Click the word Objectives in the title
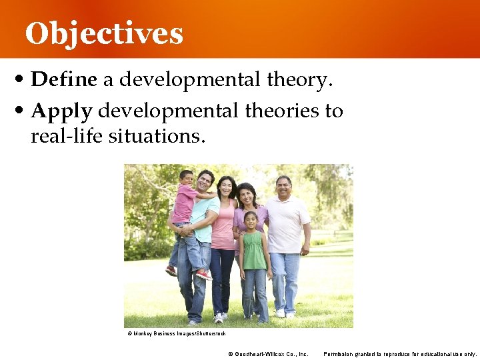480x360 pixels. (x=104, y=33)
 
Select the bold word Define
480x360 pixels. (x=64, y=80)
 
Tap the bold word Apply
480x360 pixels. (x=61, y=110)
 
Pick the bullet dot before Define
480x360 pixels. (x=23, y=81)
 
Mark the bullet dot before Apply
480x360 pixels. (x=23, y=111)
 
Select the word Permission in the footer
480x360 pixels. (x=339, y=353)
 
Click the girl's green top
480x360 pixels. (x=253, y=249)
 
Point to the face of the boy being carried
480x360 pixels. (x=186, y=178)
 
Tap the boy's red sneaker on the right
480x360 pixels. (x=203, y=274)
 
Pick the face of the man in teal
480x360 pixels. (x=205, y=181)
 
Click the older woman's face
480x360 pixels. (x=247, y=195)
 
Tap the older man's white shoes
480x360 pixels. (x=285, y=313)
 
